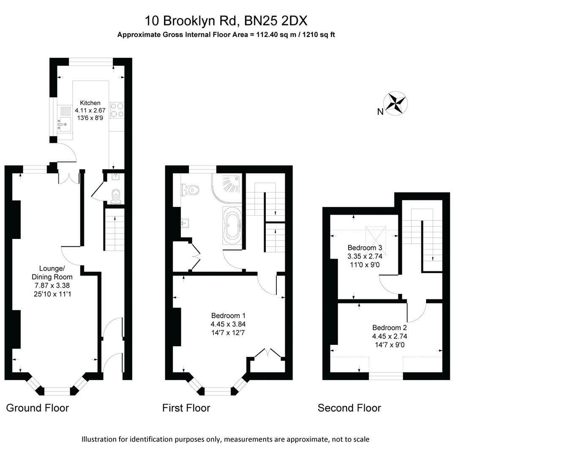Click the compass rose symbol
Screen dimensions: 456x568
click(x=396, y=103)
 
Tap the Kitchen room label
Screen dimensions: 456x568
click(x=90, y=103)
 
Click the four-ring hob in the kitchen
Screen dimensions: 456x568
click(x=117, y=110)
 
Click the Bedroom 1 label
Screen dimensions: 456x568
click(x=228, y=315)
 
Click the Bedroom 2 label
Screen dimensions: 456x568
click(x=390, y=328)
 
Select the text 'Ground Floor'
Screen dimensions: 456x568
click(x=37, y=408)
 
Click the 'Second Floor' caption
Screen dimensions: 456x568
click(x=349, y=408)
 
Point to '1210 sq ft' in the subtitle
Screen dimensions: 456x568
click(x=319, y=35)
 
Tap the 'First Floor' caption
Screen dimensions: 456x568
click(x=186, y=408)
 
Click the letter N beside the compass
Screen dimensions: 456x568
click(x=380, y=112)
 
